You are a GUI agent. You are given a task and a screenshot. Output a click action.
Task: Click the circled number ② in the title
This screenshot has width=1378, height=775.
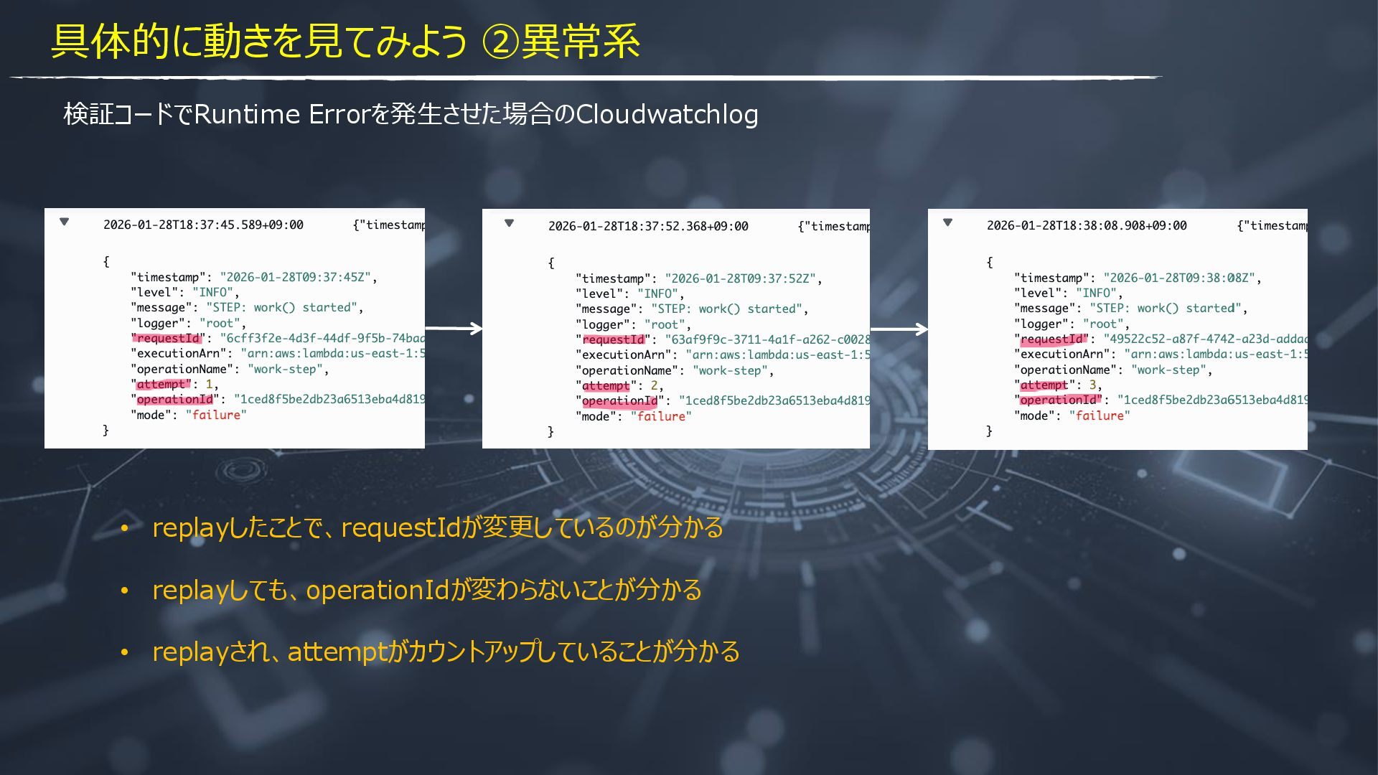pos(500,42)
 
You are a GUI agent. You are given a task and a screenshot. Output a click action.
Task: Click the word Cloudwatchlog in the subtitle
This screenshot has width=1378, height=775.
pos(667,115)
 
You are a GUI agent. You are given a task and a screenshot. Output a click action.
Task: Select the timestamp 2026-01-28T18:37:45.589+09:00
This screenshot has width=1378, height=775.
pos(203,225)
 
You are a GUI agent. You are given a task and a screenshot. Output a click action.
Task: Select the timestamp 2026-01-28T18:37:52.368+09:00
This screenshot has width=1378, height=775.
pos(648,226)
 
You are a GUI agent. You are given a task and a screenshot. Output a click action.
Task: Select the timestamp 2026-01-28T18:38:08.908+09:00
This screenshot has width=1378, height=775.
pos(1087,225)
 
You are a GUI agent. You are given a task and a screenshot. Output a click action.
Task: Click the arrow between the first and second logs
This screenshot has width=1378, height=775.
pos(454,329)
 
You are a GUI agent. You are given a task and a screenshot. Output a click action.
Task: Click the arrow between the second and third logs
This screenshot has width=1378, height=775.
pos(899,329)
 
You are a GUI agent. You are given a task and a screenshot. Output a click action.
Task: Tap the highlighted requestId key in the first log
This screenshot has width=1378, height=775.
pos(168,338)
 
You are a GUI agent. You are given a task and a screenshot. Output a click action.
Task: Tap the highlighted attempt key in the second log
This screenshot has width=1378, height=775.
pos(606,386)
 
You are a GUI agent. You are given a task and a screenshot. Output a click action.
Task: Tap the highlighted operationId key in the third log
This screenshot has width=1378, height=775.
pos(1059,400)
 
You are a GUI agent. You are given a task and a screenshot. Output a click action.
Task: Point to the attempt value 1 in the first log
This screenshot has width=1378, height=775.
pos(209,384)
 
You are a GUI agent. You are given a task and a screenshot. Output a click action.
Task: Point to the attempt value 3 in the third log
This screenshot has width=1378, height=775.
pos(1092,385)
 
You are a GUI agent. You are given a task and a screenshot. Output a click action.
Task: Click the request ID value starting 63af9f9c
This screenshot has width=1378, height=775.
pos(767,339)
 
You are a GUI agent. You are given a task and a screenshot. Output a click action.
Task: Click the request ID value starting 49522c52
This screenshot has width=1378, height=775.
pos(1205,339)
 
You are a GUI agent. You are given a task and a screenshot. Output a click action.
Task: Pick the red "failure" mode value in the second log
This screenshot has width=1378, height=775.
pos(661,416)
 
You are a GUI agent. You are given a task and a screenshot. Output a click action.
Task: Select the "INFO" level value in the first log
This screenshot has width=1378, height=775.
pos(212,292)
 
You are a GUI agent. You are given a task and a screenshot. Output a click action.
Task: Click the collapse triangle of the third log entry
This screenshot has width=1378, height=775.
pos(947,222)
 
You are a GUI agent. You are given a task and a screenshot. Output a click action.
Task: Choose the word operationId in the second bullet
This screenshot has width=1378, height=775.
pos(378,590)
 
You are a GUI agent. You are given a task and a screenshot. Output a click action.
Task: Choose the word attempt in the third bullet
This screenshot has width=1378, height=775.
pos(337,652)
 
